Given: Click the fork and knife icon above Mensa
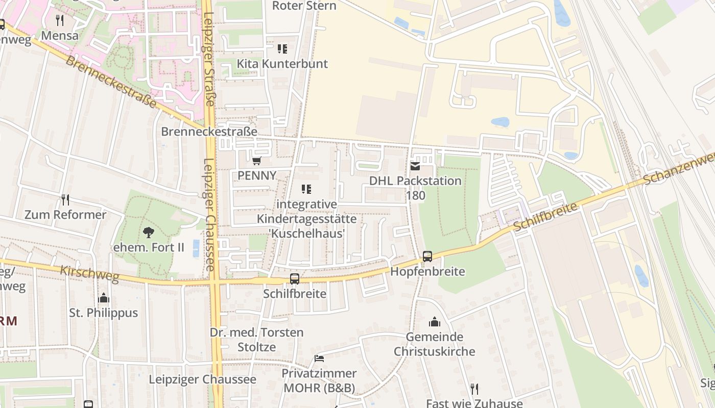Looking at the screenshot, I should [60, 20].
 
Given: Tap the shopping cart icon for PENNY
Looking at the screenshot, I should [257, 161].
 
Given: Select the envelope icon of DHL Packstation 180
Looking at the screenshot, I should [415, 166].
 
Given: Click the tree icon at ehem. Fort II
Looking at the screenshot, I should [149, 233].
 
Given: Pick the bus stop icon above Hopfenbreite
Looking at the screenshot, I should [427, 257].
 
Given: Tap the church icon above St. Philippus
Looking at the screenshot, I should [104, 298].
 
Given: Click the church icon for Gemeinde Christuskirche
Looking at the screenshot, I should [435, 322].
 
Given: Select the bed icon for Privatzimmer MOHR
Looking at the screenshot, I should [319, 359].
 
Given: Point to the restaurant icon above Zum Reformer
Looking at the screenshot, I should [65, 199].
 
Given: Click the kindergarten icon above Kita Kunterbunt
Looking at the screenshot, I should [282, 49].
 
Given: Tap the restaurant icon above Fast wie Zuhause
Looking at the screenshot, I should [474, 389].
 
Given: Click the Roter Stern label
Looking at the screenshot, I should [304, 6].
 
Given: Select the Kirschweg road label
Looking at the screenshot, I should [89, 274].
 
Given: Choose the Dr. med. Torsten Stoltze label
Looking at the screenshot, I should [257, 340].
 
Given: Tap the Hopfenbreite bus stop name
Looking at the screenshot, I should [427, 271].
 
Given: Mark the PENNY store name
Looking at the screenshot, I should [257, 175].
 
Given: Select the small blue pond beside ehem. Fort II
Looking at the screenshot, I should [196, 248].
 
